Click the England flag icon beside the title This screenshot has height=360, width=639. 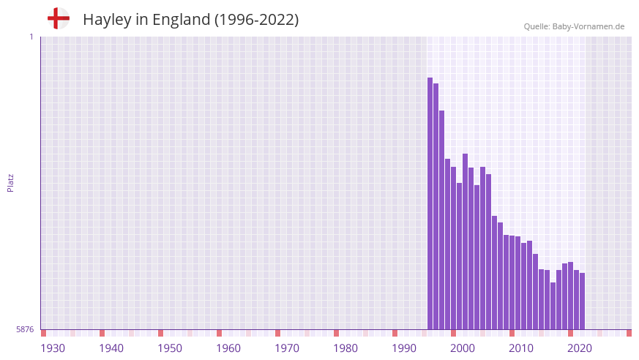(x=58, y=18)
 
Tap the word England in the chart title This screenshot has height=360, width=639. (x=181, y=20)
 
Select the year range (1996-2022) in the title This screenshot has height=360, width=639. (x=256, y=20)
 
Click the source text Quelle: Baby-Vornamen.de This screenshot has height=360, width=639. (x=574, y=27)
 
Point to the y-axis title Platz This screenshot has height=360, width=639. (x=10, y=182)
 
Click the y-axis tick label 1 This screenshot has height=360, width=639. (x=31, y=37)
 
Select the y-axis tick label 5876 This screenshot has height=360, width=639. (x=25, y=329)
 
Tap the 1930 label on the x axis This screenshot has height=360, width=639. (x=53, y=348)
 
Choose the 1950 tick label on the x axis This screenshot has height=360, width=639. (x=170, y=348)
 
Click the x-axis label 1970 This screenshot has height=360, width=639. (x=287, y=348)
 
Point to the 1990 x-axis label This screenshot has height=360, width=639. (x=404, y=348)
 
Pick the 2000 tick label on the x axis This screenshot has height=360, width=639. (x=463, y=348)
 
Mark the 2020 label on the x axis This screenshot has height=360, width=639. (x=580, y=348)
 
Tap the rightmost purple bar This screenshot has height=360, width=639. (x=583, y=301)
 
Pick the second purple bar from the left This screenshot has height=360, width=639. (x=436, y=206)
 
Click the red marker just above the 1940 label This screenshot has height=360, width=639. (x=102, y=333)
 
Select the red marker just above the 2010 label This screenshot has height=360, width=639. (x=512, y=333)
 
